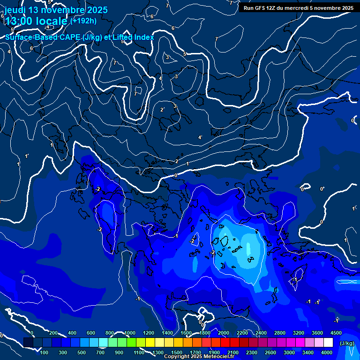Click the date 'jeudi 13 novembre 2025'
[56, 10]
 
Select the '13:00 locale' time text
[36, 21]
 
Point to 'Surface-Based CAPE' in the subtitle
[42, 37]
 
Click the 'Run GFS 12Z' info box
[299, 7]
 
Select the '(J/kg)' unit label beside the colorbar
[347, 344]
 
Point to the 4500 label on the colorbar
[336, 333]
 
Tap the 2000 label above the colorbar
[224, 333]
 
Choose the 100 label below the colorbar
[45, 352]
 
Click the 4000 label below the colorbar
[327, 352]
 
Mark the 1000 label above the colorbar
[130, 333]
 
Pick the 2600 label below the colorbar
[270, 352]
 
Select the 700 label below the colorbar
[101, 352]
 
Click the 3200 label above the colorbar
[299, 333]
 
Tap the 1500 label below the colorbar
[177, 352]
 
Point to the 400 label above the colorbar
[72, 333]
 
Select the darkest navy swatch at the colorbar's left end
[28, 343]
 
